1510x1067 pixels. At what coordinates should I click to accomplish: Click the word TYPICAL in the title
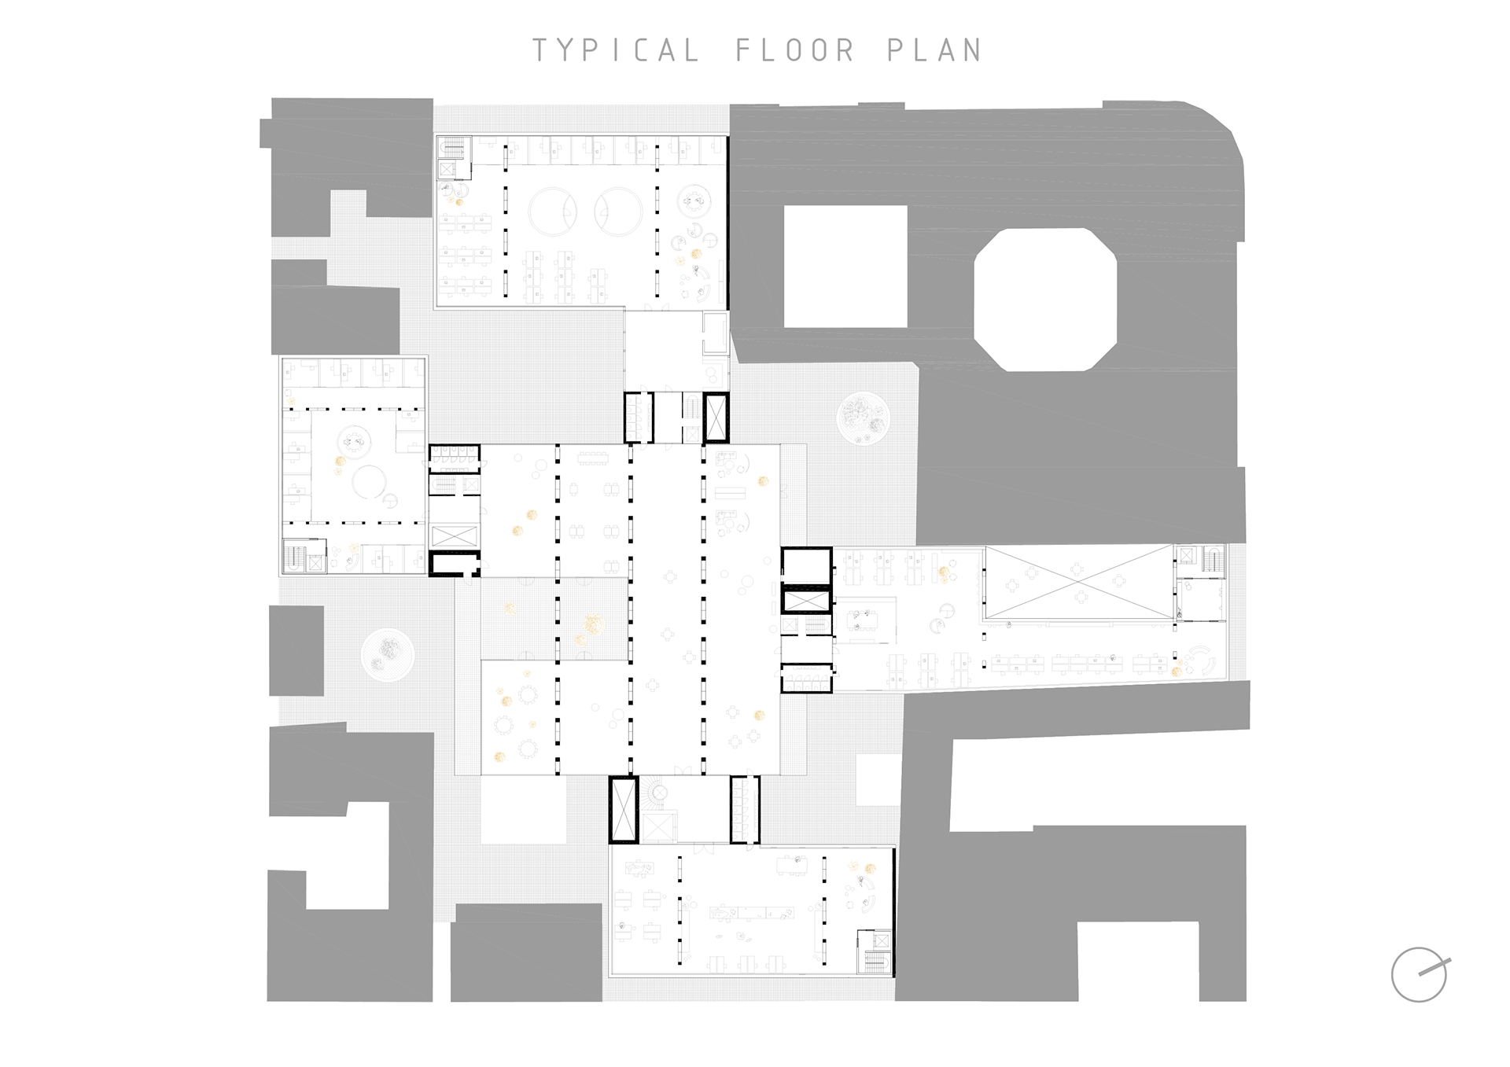coord(616,50)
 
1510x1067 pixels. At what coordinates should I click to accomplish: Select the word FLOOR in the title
coord(795,50)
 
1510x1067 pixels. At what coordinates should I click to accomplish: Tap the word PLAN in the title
coord(935,50)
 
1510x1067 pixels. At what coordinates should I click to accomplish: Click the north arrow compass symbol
coord(1420,974)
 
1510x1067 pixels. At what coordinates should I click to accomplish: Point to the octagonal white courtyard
coord(1045,299)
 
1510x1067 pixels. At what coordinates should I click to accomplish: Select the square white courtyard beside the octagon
coord(845,267)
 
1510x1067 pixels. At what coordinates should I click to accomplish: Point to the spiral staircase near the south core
coord(654,793)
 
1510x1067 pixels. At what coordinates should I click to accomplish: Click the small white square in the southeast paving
coord(878,779)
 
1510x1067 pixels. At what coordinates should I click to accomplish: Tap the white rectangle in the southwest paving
coord(523,810)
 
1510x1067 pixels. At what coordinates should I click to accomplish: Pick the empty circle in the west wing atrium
coord(368,481)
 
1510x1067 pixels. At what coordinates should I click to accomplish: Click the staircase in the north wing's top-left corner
coord(453,147)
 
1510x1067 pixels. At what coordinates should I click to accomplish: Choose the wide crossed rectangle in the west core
coord(454,535)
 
